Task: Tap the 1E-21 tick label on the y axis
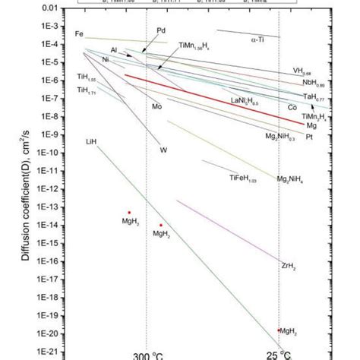tap(48, 352)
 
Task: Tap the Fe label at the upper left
tap(79, 34)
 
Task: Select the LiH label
tap(92, 142)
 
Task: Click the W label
tap(163, 150)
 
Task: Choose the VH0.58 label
tap(302, 72)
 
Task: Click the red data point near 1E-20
tap(279, 330)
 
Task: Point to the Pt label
tap(309, 137)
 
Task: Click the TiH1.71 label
tap(87, 90)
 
